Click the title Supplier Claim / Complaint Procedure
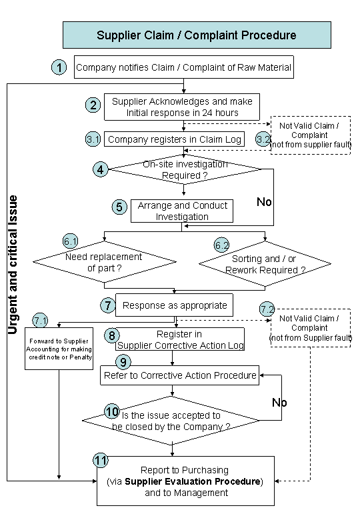[x=197, y=35]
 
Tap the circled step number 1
[x=59, y=67]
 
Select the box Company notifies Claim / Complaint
[x=183, y=67]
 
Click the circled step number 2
[x=93, y=105]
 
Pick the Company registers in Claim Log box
[x=175, y=139]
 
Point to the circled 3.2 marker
[x=263, y=139]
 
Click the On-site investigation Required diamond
[x=185, y=169]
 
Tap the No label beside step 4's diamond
[x=264, y=201]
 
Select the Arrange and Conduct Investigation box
[x=182, y=211]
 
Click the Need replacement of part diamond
[x=105, y=262]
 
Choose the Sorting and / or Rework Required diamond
[x=265, y=264]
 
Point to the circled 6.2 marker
[x=221, y=245]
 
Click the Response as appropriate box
[x=175, y=305]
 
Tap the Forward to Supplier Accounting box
[x=59, y=349]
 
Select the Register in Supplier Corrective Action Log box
[x=180, y=339]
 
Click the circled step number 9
[x=123, y=362]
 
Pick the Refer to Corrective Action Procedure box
[x=180, y=375]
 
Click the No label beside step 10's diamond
[x=279, y=403]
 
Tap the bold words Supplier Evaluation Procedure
[x=193, y=481]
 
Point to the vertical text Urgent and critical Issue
[x=13, y=265]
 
